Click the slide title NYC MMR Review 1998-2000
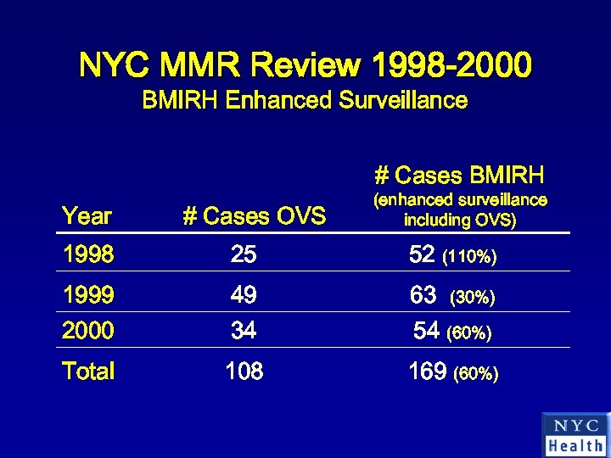click(305, 64)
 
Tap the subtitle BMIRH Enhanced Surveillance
click(305, 101)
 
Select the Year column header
click(87, 216)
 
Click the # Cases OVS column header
click(254, 216)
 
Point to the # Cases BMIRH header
click(459, 176)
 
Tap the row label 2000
click(87, 330)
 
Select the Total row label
click(88, 371)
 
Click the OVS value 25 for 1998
click(244, 254)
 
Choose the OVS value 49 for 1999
click(244, 295)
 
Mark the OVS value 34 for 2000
click(244, 330)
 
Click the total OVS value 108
click(244, 371)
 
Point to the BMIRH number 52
click(423, 254)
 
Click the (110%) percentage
click(470, 256)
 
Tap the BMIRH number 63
click(423, 295)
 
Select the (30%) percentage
click(473, 298)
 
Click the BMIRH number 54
click(426, 332)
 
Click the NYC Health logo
click(575, 434)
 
